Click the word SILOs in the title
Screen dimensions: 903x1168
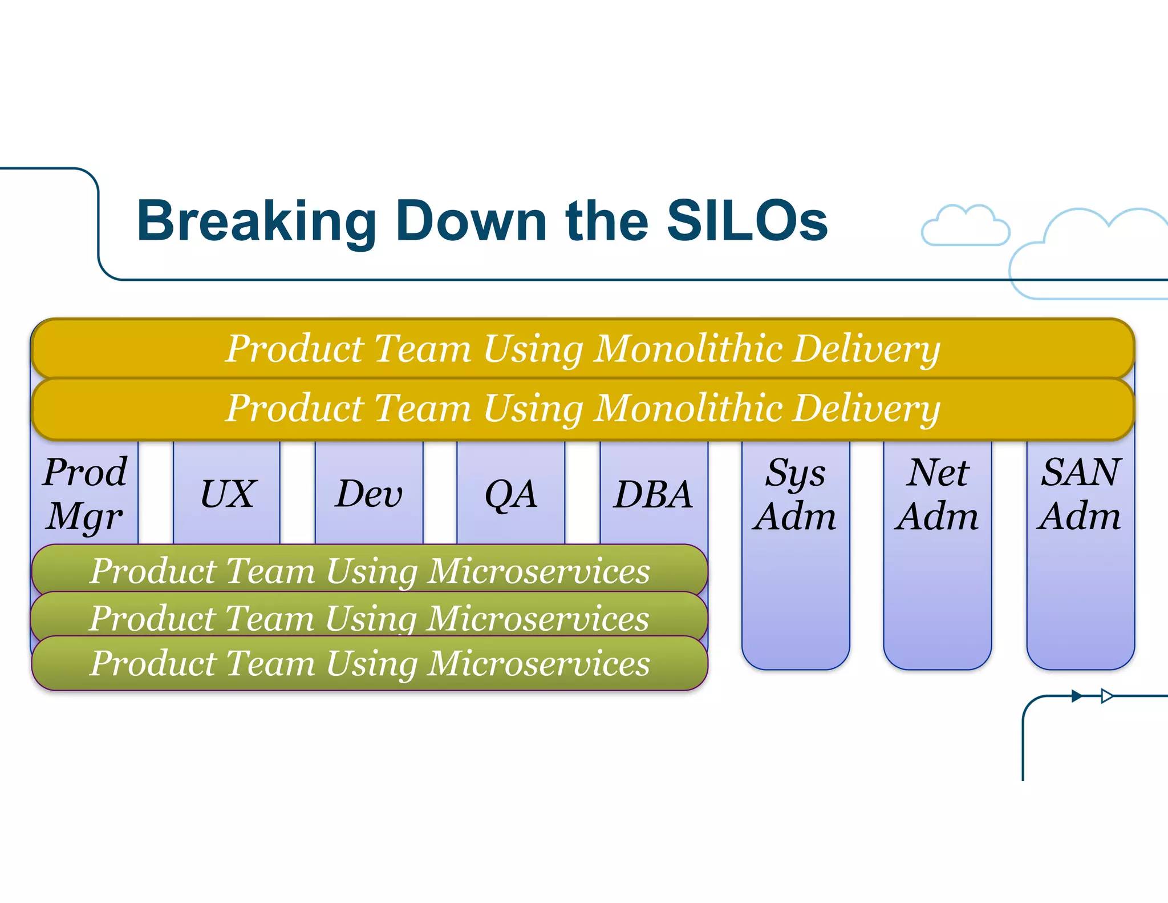point(747,221)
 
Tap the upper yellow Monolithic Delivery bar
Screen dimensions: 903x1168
point(582,348)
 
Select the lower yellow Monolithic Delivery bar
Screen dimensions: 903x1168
point(582,409)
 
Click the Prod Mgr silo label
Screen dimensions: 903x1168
point(85,494)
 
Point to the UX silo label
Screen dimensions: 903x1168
point(228,494)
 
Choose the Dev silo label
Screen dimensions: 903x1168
point(369,494)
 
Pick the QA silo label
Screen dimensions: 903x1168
point(510,494)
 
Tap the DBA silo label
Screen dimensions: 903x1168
point(653,494)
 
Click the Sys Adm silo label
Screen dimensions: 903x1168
point(795,494)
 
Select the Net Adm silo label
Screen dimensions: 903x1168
point(937,494)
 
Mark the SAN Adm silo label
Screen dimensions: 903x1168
point(1080,494)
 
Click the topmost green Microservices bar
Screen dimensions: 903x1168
point(370,570)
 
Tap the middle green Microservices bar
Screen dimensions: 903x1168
point(370,618)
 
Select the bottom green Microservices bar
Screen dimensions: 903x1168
point(370,663)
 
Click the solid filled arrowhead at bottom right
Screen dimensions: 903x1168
point(1077,696)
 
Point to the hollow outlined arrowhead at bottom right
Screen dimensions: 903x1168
point(1106,696)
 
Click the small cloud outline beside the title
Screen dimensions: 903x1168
point(965,227)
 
